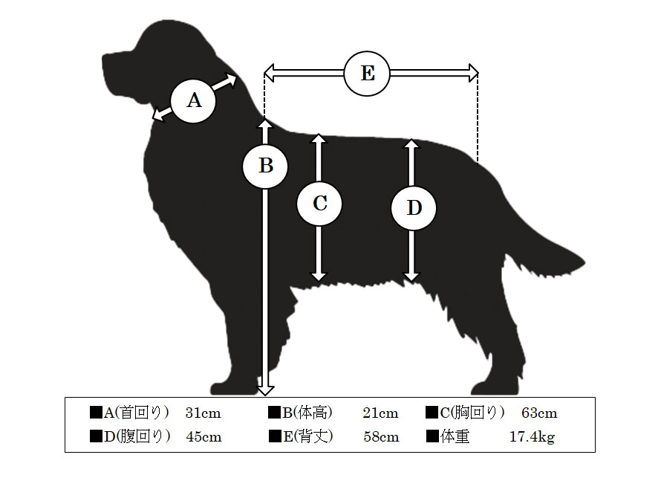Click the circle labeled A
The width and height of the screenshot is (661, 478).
tap(194, 101)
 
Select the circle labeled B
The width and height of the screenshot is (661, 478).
tap(265, 166)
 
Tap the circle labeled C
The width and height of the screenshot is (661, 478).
tap(319, 204)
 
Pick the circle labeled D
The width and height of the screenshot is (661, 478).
tap(414, 207)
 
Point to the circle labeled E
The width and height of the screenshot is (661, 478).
tap(367, 74)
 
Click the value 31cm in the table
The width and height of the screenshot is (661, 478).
tap(203, 413)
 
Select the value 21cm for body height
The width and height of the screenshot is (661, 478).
tap(380, 413)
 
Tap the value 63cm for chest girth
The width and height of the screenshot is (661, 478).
tap(539, 413)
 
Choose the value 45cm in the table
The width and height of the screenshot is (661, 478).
tap(203, 436)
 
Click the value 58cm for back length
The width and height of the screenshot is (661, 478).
tap(381, 436)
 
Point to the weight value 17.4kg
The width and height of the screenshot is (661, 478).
tap(532, 437)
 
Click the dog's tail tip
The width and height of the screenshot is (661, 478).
tap(585, 264)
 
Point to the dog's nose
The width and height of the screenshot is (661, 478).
tap(104, 57)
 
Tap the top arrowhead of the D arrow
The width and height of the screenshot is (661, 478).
tap(412, 144)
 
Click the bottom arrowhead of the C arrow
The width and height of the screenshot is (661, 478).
tap(319, 277)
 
